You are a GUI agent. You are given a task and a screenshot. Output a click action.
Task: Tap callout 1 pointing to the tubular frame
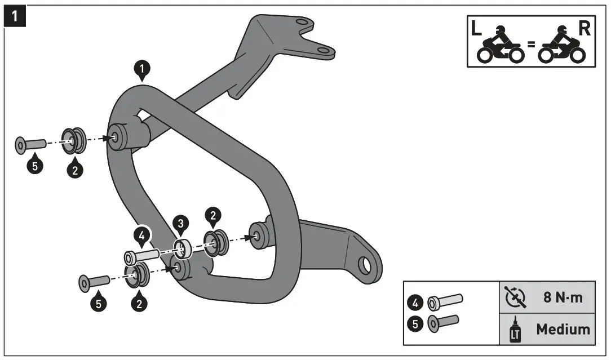click(143, 69)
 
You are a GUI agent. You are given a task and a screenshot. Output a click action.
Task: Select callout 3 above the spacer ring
click(180, 224)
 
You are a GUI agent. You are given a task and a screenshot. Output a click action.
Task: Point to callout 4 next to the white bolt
click(142, 235)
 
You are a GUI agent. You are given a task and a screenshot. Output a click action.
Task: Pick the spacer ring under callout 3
click(183, 247)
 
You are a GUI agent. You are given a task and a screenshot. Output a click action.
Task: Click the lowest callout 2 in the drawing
click(139, 303)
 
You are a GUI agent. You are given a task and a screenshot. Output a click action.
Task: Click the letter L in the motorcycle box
click(477, 30)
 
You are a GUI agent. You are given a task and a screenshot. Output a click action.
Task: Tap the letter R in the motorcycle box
click(585, 30)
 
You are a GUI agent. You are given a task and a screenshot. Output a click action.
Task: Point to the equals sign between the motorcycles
click(530, 44)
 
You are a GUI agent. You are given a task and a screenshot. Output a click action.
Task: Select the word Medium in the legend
click(563, 329)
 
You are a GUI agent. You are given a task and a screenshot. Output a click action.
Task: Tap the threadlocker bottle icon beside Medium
click(513, 330)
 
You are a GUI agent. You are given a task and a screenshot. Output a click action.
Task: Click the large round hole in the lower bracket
click(365, 264)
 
